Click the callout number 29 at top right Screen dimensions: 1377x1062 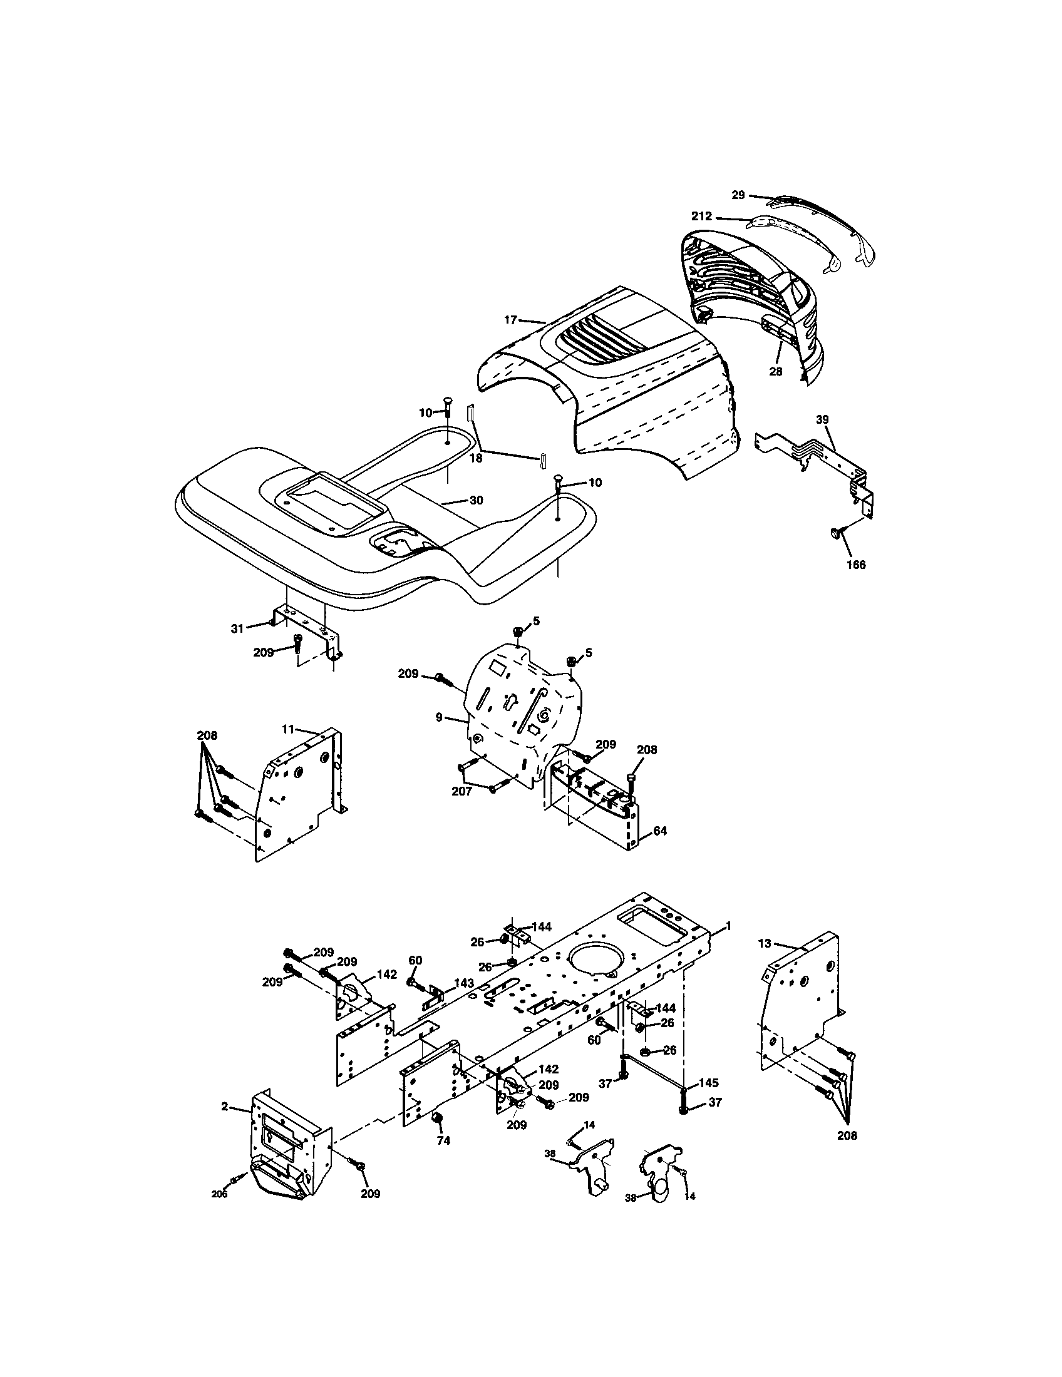[738, 195]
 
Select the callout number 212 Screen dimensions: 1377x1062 [701, 217]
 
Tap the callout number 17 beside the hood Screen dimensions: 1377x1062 [510, 320]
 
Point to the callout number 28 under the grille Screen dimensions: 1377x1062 [775, 372]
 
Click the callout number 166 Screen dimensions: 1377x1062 [856, 565]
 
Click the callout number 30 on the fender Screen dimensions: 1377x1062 [476, 500]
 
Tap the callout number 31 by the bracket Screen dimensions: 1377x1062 [237, 628]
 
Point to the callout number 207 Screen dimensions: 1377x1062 [461, 791]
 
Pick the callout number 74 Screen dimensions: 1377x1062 [443, 1140]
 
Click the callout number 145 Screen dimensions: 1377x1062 [709, 1083]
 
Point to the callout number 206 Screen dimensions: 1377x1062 [219, 1195]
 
